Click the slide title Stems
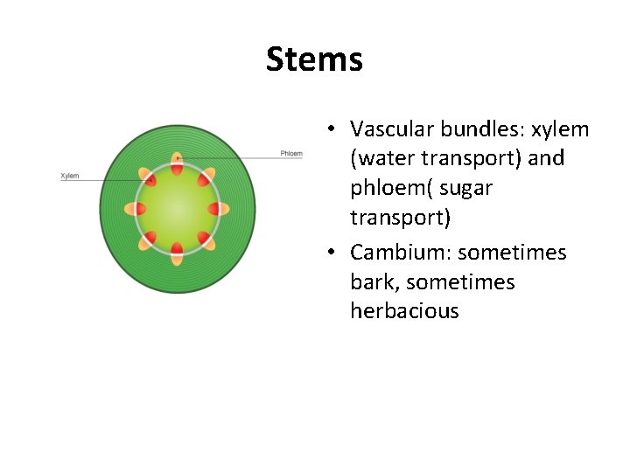[314, 59]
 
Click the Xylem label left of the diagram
[70, 176]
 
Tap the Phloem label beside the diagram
[291, 154]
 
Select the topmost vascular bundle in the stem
[178, 163]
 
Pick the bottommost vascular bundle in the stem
[178, 253]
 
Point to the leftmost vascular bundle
[135, 209]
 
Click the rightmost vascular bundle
[220, 209]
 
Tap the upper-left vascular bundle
[149, 178]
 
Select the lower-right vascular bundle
[207, 239]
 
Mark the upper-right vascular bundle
[206, 178]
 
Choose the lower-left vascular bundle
[149, 239]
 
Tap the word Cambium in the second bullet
[397, 253]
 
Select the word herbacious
[404, 311]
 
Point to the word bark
[369, 282]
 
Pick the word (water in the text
[382, 159]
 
